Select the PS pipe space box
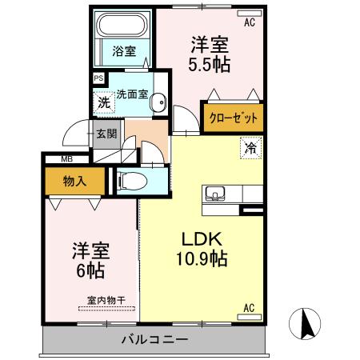(99, 78)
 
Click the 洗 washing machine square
(104, 102)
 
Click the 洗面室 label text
(132, 93)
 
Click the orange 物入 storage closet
(74, 182)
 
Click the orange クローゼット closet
(234, 117)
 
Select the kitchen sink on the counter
(217, 193)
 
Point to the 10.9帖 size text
(201, 259)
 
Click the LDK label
(201, 238)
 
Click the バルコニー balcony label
(155, 339)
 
